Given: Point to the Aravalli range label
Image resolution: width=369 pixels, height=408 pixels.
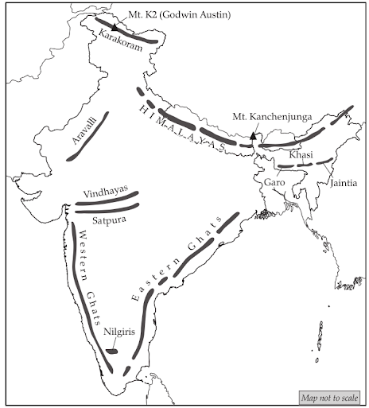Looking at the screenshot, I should pos(80,130).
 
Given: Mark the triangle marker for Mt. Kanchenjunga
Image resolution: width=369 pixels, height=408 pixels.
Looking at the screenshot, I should pos(252,138).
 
